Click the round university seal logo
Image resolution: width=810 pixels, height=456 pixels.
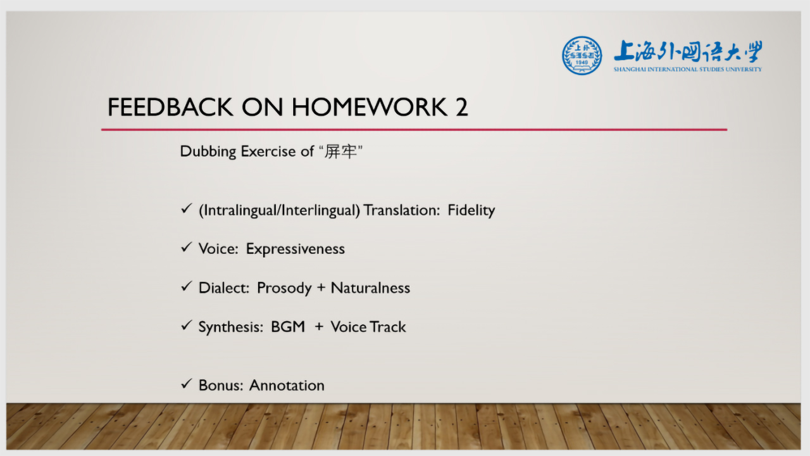coord(582,55)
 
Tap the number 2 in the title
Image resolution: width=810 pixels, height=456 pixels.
coord(461,107)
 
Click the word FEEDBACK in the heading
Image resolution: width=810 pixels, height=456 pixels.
coord(170,107)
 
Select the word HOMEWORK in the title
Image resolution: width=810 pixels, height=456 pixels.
coord(369,107)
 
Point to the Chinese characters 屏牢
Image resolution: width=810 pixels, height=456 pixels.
coord(340,151)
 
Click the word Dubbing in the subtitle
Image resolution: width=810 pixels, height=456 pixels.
coord(208,151)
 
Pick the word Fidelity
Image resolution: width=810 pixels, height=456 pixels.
coord(471,210)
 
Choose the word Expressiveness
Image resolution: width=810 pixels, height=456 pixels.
coord(295,249)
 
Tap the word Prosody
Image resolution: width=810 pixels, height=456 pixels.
coord(284,288)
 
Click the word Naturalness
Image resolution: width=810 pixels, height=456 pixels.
coord(370,288)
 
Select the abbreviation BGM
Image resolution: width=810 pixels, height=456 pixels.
coord(288,327)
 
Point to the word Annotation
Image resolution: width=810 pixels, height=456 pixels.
coord(287,386)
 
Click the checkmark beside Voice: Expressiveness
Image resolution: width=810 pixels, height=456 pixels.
coord(186,247)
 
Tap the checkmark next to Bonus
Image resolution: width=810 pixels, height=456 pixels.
coord(186,384)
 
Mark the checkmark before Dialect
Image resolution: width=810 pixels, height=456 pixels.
coord(186,286)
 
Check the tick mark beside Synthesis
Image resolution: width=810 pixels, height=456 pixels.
coord(186,326)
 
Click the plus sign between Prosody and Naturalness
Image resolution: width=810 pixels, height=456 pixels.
coord(321,288)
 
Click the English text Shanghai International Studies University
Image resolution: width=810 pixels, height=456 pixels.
coord(687,69)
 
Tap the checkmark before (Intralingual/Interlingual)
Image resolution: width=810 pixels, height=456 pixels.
coord(186,208)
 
